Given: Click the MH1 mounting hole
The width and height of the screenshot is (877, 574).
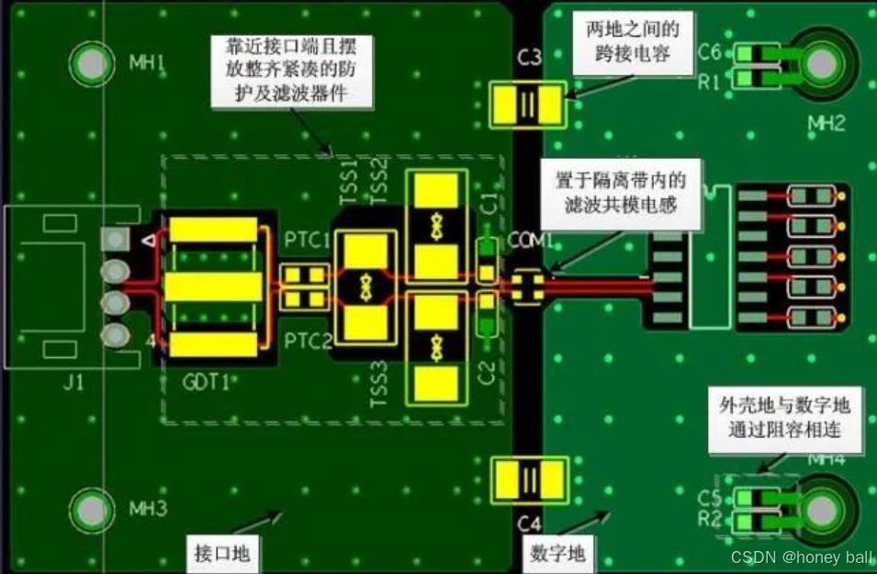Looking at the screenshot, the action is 92,64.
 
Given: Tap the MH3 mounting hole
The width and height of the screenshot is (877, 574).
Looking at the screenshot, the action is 92,508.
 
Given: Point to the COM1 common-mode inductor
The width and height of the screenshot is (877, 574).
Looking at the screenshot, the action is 527,285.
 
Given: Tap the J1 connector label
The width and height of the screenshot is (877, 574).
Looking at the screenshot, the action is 73,381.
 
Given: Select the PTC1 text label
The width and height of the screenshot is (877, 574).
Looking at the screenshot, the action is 306,242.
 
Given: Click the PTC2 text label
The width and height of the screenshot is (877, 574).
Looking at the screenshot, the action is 306,342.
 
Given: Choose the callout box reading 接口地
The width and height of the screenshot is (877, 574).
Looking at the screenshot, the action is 222,553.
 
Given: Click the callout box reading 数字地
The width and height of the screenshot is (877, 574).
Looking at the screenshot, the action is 558,553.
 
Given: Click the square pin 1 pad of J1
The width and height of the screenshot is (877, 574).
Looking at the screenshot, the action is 115,240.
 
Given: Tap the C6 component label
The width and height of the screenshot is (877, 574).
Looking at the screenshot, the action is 710,51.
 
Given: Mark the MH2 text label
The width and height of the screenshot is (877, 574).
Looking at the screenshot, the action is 826,123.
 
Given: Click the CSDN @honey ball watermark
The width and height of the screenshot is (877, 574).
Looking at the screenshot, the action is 801,557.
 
